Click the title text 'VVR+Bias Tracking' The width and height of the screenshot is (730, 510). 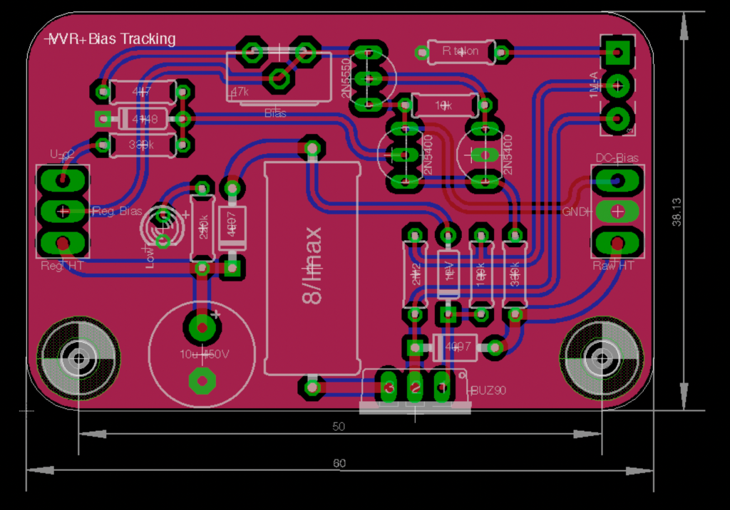coord(110,39)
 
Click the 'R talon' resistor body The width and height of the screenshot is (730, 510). coord(461,51)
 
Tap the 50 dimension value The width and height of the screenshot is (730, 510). coord(339,427)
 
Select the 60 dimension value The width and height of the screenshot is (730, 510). coord(339,463)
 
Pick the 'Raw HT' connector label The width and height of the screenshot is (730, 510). coord(614,266)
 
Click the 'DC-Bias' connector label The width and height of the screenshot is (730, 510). coord(617,158)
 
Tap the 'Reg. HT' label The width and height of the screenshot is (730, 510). coord(61,266)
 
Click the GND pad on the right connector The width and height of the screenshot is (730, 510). coord(617,211)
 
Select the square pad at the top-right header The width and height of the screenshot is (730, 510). coord(617,52)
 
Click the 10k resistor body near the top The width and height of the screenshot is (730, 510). coord(444,105)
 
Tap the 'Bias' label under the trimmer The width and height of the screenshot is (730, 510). coord(275,113)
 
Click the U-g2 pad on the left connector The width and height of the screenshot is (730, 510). coord(63,178)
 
